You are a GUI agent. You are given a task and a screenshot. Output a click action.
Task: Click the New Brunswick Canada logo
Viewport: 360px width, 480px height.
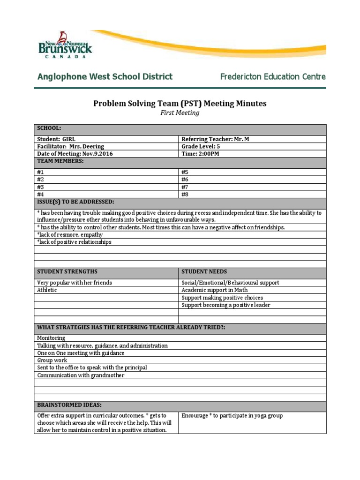click(65, 45)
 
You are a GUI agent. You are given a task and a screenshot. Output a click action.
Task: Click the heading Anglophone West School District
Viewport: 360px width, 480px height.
click(105, 77)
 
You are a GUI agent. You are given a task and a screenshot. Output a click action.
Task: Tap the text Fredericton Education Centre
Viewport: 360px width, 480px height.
click(273, 77)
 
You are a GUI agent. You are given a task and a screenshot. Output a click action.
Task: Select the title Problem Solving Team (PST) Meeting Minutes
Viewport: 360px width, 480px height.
click(180, 104)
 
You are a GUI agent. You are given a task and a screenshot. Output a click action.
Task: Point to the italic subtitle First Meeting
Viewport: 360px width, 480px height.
click(180, 113)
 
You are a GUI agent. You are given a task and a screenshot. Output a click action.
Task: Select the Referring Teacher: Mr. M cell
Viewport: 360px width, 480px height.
click(212, 139)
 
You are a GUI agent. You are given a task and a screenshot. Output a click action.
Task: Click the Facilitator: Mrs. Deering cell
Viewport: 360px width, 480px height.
click(70, 146)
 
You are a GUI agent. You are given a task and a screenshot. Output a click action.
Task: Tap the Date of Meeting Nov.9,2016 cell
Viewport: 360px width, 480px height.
click(75, 153)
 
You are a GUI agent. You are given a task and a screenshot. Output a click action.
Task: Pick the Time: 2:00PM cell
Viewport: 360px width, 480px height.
click(201, 153)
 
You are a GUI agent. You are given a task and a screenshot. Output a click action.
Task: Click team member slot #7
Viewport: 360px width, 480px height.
click(185, 187)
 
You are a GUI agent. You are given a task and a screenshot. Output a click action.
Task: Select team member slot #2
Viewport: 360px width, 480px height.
click(40, 180)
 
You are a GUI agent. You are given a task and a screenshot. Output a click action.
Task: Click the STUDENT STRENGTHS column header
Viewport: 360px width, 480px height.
click(67, 271)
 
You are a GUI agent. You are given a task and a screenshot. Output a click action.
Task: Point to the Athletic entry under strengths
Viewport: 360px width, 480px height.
click(47, 290)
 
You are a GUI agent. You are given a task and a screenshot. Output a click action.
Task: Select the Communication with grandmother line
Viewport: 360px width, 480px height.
click(81, 375)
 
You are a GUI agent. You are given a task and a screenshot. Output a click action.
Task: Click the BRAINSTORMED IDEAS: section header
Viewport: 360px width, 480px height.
click(69, 405)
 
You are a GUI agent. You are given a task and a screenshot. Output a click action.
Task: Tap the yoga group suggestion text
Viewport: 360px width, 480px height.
click(232, 416)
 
